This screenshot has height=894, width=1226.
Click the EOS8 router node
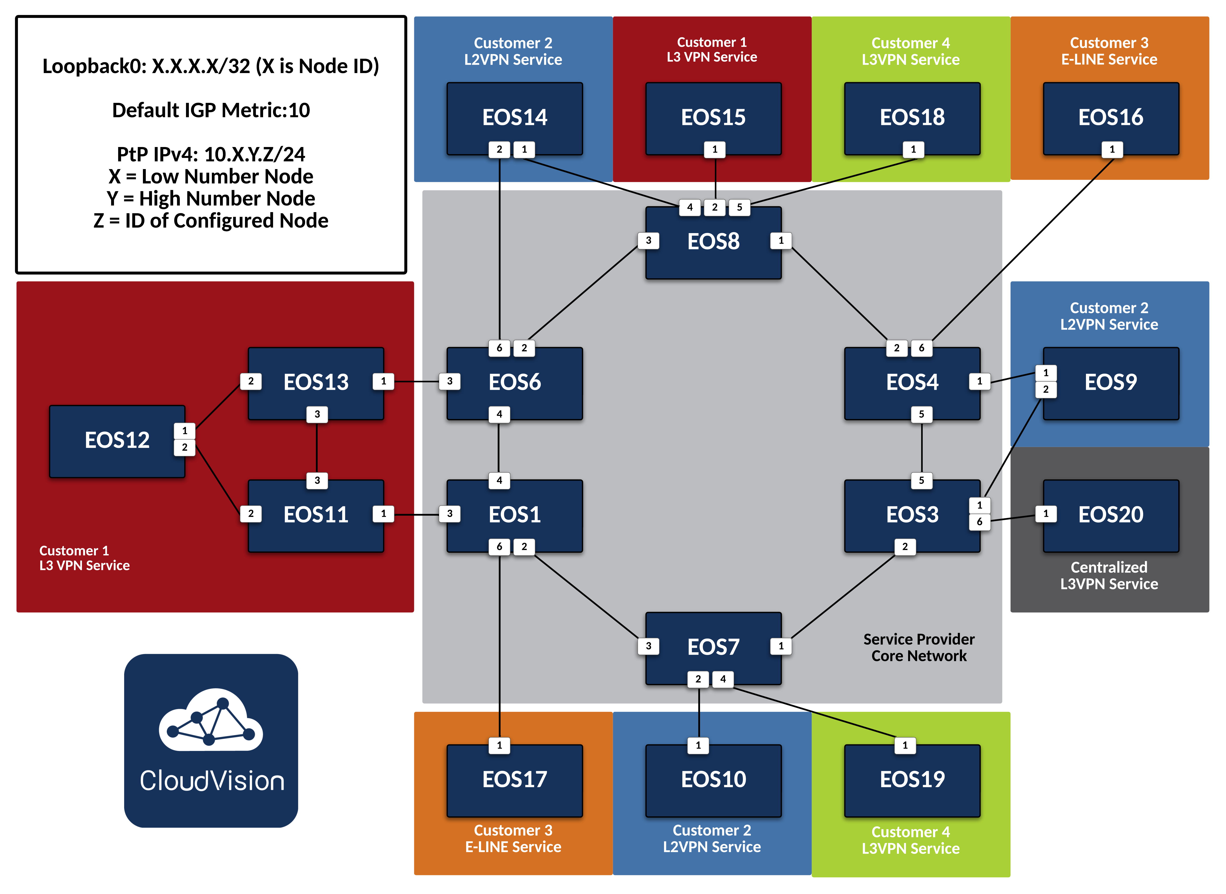point(713,242)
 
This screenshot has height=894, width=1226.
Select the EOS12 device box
point(117,441)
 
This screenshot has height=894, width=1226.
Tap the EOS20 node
point(1111,515)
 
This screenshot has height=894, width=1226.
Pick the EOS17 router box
point(514,780)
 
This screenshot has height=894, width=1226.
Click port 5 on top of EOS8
point(739,207)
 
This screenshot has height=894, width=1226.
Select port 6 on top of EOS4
point(921,348)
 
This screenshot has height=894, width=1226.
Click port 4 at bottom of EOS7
point(723,679)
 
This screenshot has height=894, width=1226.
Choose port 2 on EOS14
point(499,149)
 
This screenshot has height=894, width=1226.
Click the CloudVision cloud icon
point(211,720)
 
